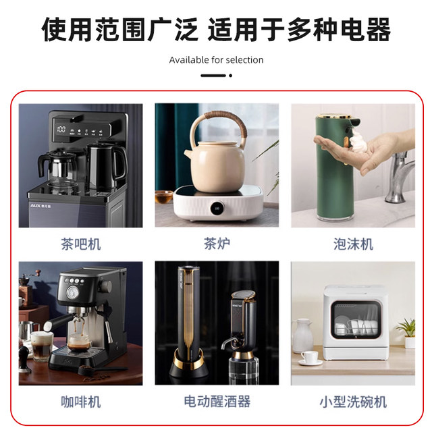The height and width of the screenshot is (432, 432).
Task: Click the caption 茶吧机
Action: tap(80, 244)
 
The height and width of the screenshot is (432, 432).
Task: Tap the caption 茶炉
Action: tap(216, 244)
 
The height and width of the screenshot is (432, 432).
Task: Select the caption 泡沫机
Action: tap(353, 244)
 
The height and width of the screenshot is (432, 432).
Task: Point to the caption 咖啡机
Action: tap(80, 402)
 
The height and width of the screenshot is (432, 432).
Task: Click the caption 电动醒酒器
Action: tap(217, 402)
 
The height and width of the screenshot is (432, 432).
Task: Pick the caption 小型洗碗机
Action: tap(353, 402)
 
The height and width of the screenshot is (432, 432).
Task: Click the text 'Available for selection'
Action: tap(216, 60)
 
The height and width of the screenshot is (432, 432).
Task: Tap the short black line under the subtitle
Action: tap(216, 76)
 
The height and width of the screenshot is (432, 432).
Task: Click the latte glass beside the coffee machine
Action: tap(41, 345)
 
